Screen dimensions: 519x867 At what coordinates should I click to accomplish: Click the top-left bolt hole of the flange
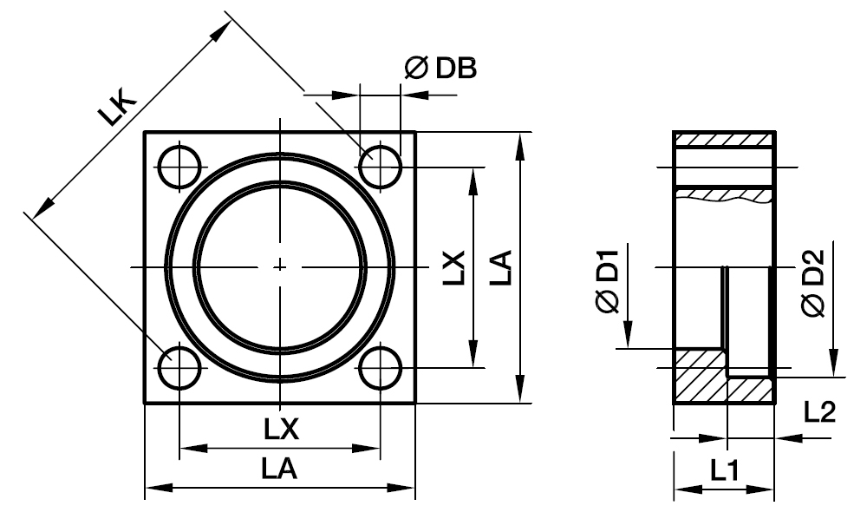pos(179,165)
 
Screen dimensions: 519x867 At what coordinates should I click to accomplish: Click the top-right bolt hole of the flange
pos(381,165)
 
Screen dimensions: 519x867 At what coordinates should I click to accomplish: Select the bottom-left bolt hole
pos(179,368)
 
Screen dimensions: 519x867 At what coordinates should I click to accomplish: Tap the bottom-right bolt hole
pos(381,368)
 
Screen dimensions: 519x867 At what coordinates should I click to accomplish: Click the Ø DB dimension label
pos(440,69)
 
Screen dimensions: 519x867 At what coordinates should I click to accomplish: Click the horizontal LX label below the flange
pos(280,430)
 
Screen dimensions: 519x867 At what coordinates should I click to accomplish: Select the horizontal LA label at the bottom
pos(280,470)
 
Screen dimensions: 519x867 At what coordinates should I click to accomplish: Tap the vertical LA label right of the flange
pos(499,268)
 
